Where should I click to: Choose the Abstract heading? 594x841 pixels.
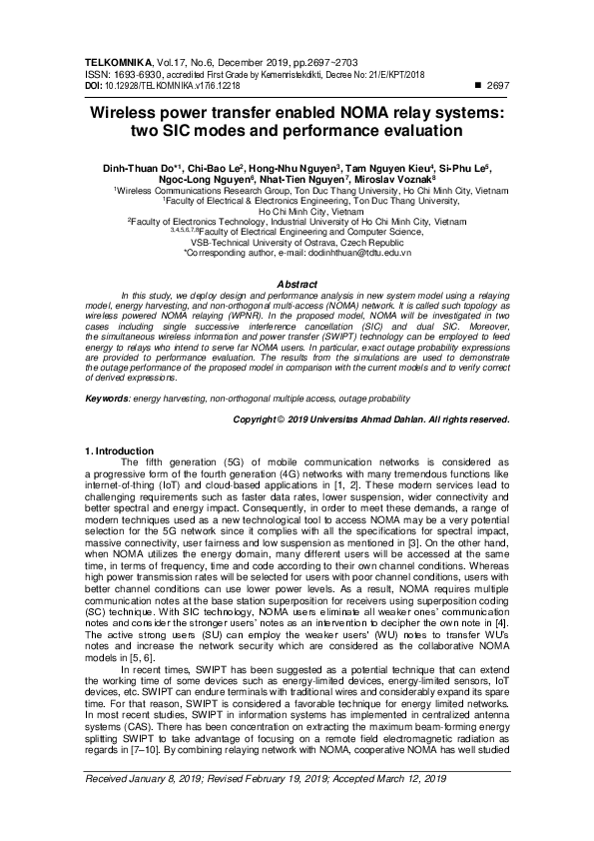(x=297, y=285)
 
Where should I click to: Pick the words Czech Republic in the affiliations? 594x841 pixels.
(x=331, y=243)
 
